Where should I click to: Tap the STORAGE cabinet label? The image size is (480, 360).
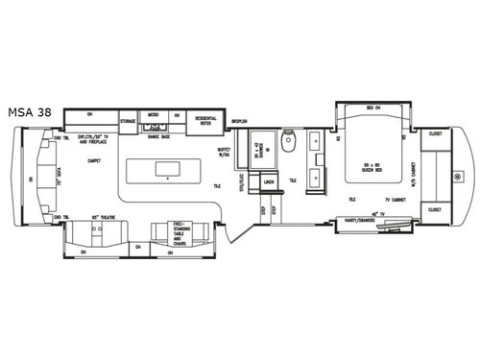(x=128, y=122)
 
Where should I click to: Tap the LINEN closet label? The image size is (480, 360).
(x=269, y=180)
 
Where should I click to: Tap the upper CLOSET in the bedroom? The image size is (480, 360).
(x=434, y=134)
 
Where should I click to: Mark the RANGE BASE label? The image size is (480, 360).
(x=159, y=136)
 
